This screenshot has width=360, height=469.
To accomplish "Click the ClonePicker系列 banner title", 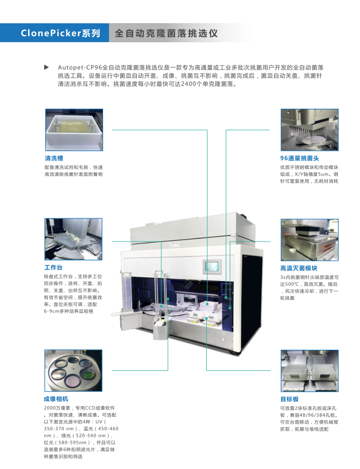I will coord(60,33).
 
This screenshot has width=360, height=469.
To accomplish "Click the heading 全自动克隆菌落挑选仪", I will coord(166,33).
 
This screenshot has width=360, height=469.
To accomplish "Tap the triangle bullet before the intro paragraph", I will coord(47,67).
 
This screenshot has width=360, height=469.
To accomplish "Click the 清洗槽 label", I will coord(54,158).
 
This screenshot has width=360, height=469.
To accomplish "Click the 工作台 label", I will coord(54,267).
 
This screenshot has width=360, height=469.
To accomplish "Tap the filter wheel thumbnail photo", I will coord(73,370).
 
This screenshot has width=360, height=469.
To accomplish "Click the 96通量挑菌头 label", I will coord(300,158).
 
